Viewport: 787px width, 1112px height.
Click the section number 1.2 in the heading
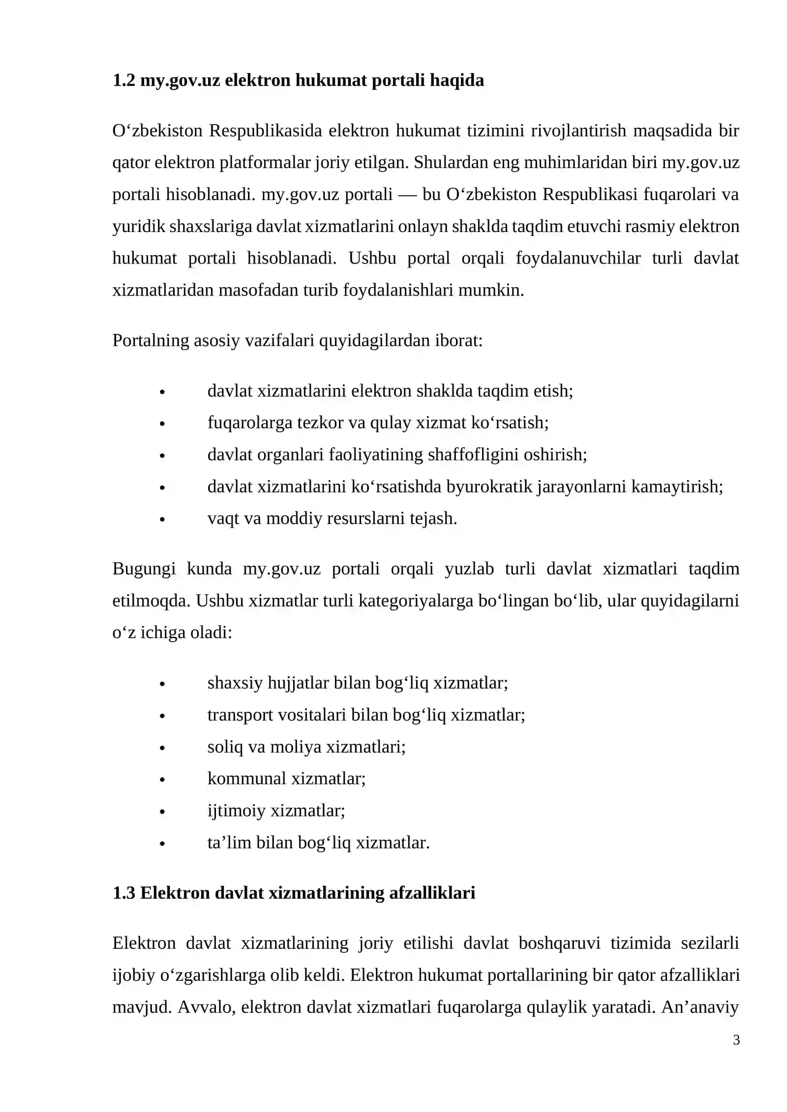pyautogui.click(x=123, y=80)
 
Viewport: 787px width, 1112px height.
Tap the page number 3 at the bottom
pyautogui.click(x=736, y=1040)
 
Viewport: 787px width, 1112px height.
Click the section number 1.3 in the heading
pyautogui.click(x=123, y=892)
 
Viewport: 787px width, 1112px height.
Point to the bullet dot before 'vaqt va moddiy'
pyautogui.click(x=162, y=520)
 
